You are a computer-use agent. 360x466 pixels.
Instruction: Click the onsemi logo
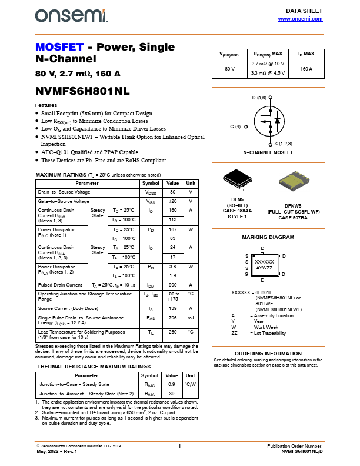coord(71,16)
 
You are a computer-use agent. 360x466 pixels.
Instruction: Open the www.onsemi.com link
coord(300,19)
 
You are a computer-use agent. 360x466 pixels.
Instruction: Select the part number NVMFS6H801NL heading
coord(82,92)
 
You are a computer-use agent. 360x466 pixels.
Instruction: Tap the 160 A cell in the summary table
coord(306,69)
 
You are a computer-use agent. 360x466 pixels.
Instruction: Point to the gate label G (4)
coord(235,127)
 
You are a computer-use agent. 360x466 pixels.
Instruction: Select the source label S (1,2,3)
coord(284,144)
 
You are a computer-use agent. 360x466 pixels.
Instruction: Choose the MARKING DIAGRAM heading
coord(268,237)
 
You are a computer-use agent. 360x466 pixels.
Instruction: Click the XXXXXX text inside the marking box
coord(264,261)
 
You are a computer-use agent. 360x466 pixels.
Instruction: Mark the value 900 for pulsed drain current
coord(173,285)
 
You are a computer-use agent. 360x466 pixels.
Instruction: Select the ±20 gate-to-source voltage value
coord(173,201)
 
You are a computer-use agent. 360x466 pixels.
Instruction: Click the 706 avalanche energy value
coord(173,318)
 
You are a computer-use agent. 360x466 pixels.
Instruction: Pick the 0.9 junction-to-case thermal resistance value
coord(172,384)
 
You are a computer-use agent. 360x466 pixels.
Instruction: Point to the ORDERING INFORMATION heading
coord(268,353)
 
